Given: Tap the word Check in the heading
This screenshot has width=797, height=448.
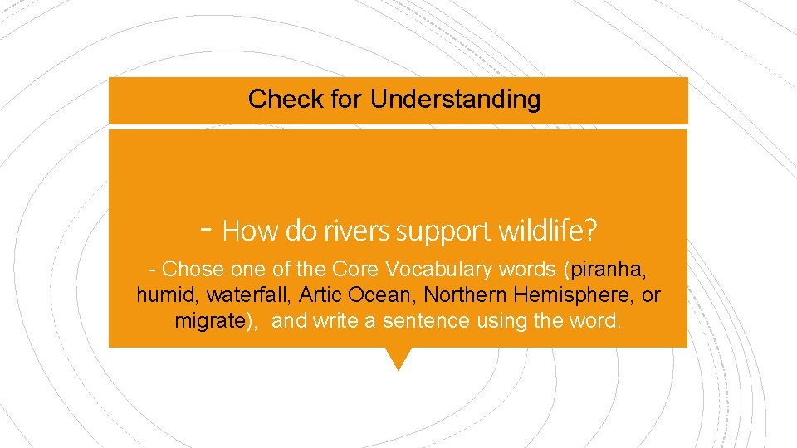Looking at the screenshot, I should coord(279,100).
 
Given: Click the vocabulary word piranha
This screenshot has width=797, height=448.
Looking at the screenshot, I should coord(609,270).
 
